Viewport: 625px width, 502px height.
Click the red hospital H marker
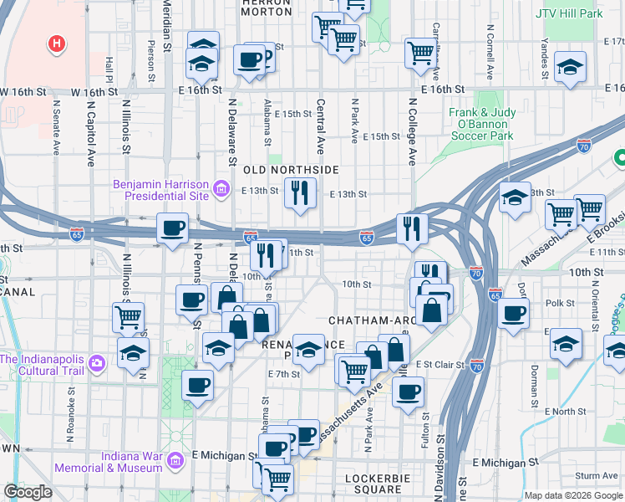[57, 43]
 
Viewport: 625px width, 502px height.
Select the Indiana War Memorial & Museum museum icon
[175, 461]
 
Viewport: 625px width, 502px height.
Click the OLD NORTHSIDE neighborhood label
[290, 170]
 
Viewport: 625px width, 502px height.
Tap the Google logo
[28, 492]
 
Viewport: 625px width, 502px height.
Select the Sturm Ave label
[597, 475]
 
